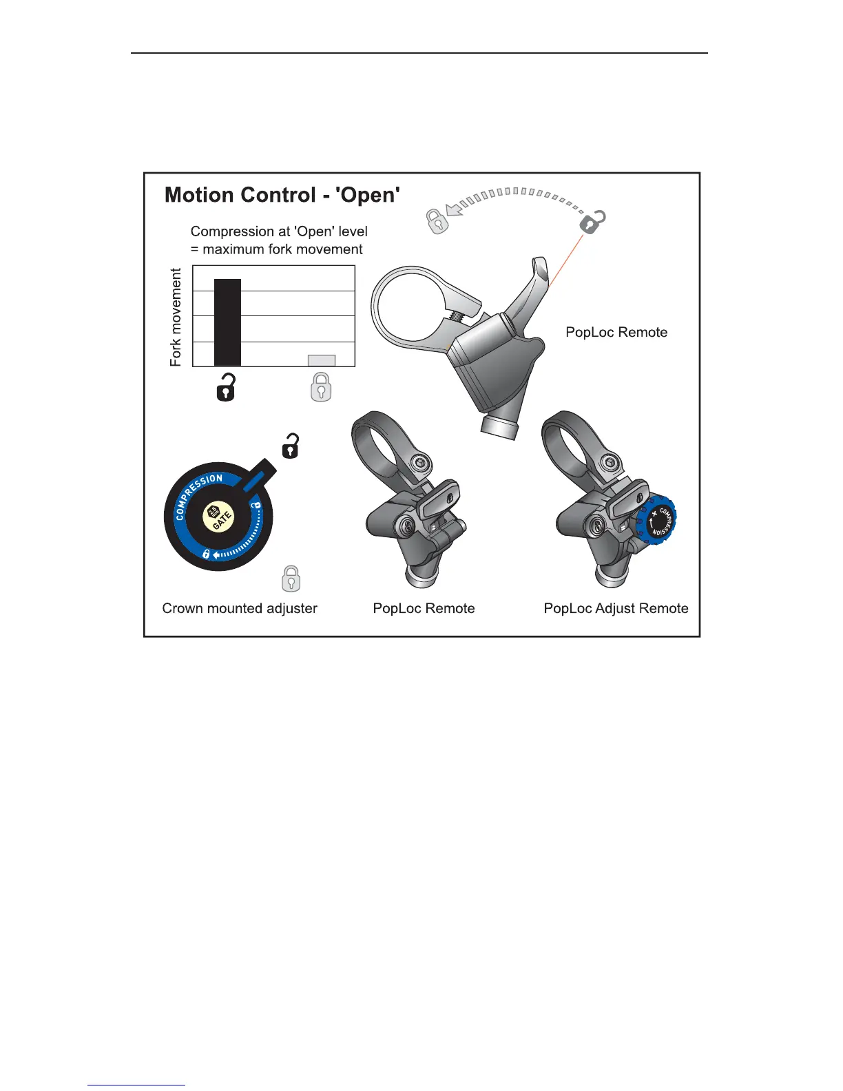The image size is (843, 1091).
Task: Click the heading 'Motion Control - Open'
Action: click(x=282, y=195)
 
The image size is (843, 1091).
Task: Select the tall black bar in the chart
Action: click(x=227, y=322)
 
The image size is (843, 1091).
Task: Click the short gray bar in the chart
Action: click(x=321, y=360)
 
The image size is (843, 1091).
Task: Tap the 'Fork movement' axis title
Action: click(x=176, y=317)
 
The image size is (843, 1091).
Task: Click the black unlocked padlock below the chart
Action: click(x=226, y=388)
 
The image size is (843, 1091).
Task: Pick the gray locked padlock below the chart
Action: click(x=321, y=388)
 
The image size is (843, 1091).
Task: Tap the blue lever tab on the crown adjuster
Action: click(x=258, y=475)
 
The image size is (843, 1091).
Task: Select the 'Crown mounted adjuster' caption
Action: click(x=240, y=608)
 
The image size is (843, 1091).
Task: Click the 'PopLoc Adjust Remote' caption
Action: click(x=616, y=608)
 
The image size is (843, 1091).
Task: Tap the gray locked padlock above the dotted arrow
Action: click(x=437, y=221)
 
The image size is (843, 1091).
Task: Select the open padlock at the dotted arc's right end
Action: click(x=592, y=222)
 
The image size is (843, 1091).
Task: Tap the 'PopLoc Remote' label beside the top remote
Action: click(x=616, y=332)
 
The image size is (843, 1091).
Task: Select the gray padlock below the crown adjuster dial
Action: click(x=291, y=579)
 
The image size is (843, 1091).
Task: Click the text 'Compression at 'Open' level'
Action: click(x=279, y=231)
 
